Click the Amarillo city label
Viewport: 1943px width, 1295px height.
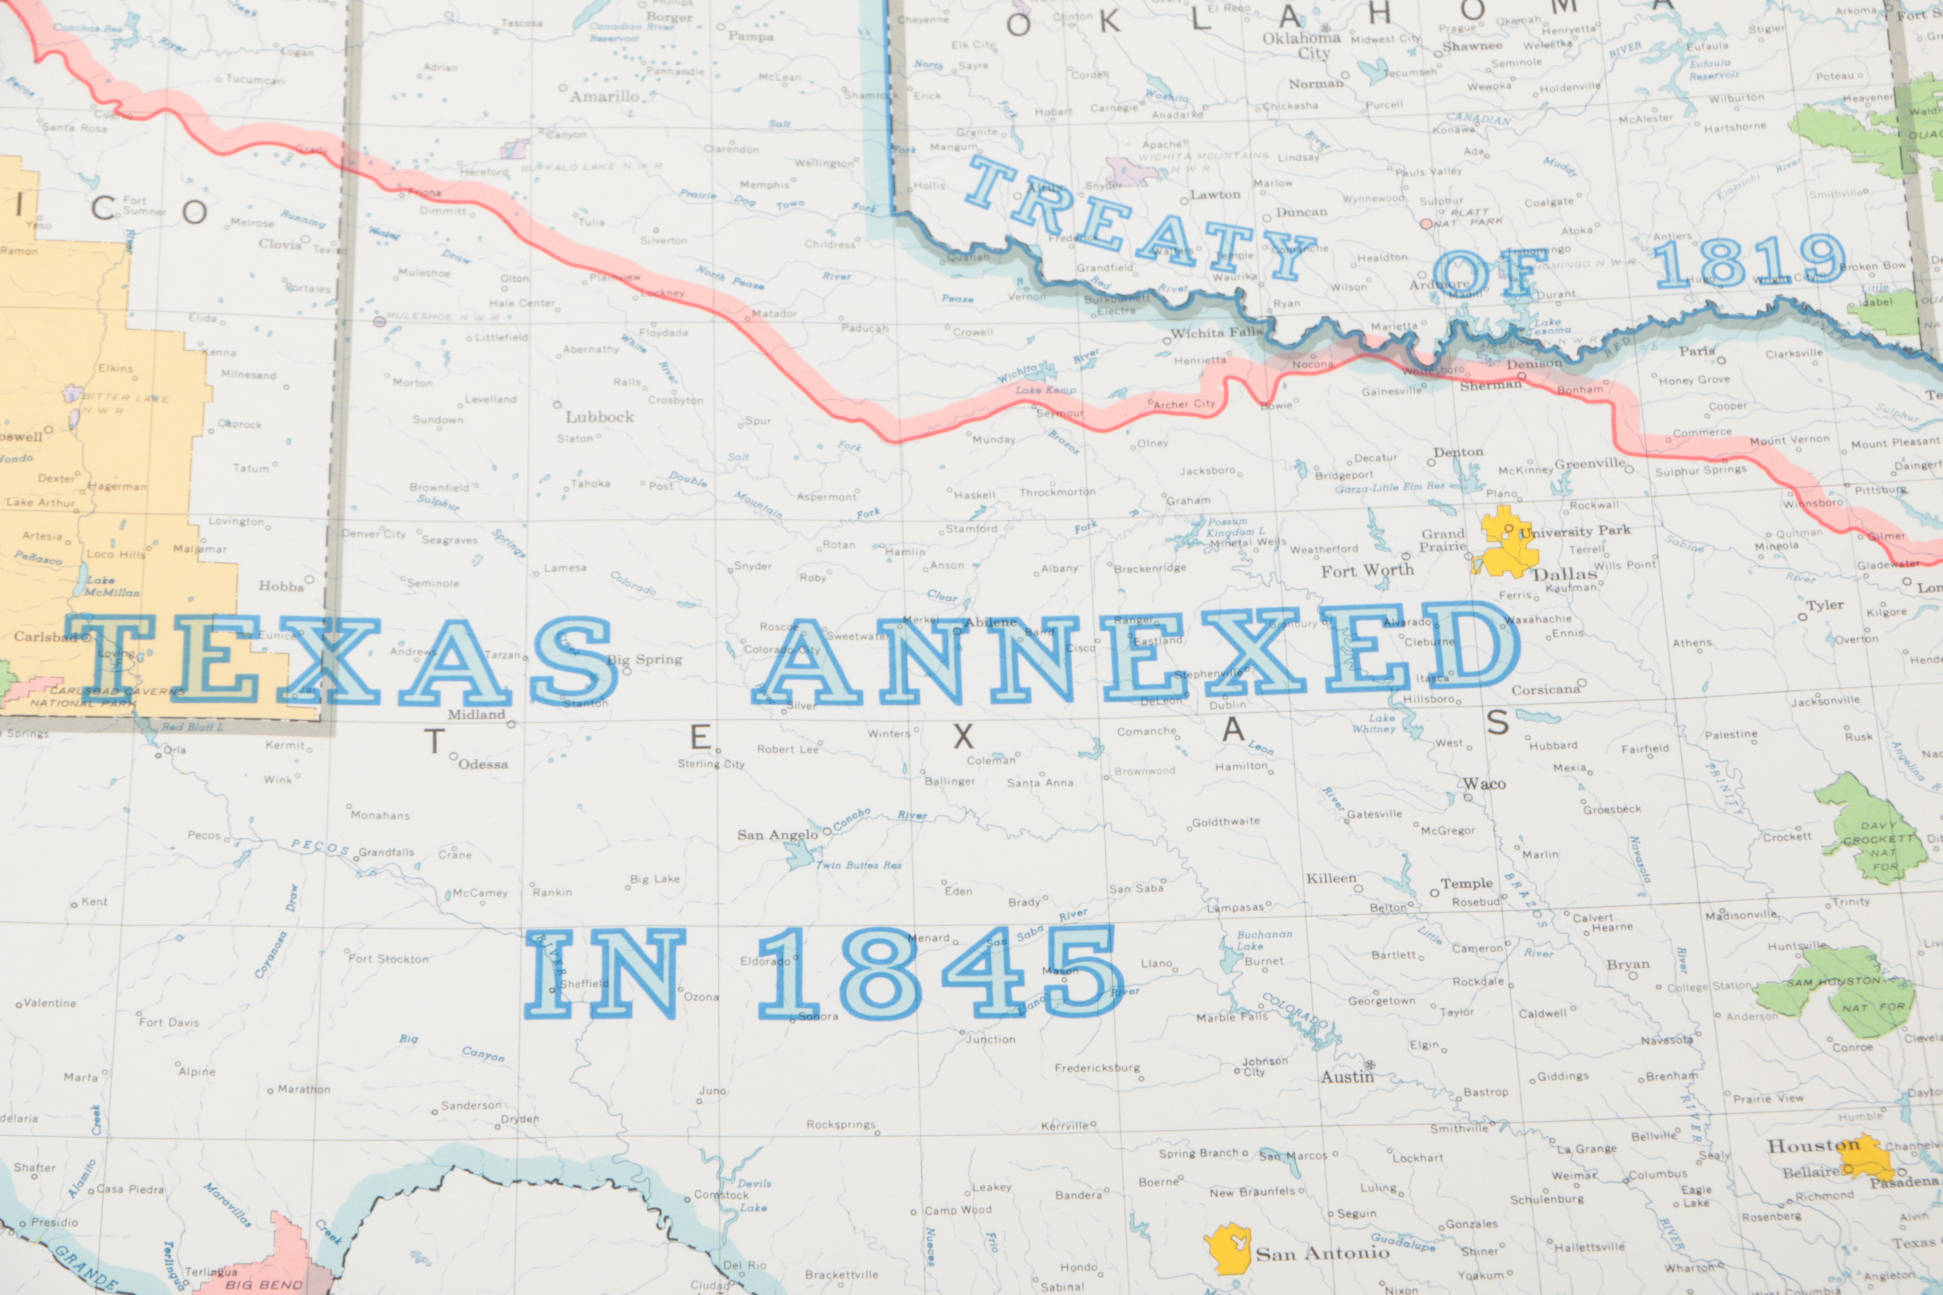point(605,97)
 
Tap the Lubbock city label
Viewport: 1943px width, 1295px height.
point(600,417)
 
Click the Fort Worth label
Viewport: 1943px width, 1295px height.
point(1367,571)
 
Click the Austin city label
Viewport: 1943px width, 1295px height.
point(1346,1077)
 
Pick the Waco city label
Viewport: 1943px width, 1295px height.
point(1485,784)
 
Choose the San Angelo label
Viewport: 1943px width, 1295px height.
point(777,835)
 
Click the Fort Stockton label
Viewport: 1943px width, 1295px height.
point(388,959)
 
